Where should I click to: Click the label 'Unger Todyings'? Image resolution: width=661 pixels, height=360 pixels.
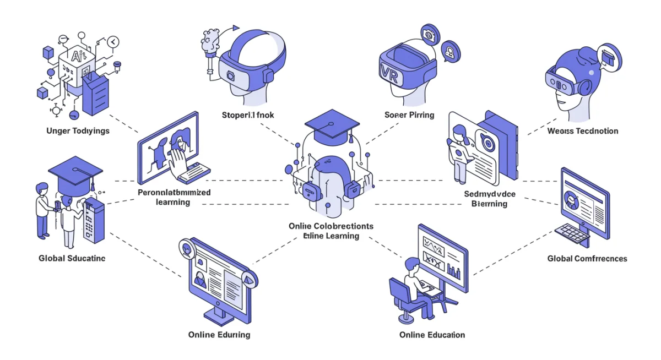click(78, 131)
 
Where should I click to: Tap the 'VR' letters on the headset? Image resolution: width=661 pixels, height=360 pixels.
click(389, 72)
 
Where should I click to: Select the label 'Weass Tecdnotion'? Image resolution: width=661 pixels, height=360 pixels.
click(583, 131)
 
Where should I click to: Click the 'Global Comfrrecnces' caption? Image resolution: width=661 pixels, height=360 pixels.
click(587, 258)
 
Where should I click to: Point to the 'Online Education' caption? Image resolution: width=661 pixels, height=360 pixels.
click(432, 335)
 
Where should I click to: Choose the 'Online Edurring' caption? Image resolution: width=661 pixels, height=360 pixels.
click(219, 335)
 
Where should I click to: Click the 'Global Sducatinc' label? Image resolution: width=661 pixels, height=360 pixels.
click(72, 258)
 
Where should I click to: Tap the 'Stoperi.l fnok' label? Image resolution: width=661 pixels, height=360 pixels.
click(248, 115)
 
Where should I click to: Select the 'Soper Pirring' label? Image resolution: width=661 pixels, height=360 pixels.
click(409, 115)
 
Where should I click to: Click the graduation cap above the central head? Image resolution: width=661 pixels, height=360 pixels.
click(328, 123)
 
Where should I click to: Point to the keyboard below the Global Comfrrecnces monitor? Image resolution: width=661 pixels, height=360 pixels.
click(571, 234)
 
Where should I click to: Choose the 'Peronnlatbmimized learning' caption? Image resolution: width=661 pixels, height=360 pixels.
click(174, 198)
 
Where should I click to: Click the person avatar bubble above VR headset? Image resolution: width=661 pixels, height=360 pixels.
click(451, 52)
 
